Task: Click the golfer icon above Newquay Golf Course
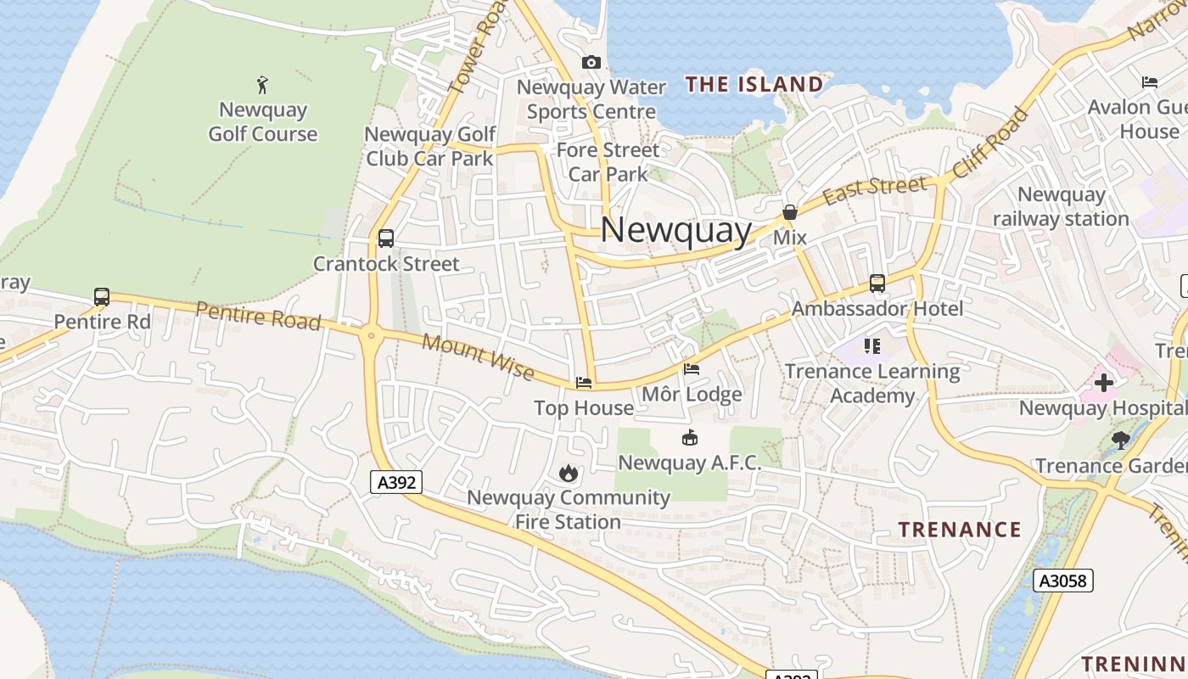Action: (262, 84)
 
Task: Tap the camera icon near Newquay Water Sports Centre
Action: (591, 62)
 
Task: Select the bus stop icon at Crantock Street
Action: (386, 238)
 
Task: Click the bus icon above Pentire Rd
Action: (102, 297)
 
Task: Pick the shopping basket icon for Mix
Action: (790, 212)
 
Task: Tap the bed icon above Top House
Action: (584, 383)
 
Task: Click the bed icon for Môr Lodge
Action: (692, 369)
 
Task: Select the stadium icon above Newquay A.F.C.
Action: (690, 438)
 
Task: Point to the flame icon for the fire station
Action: (568, 473)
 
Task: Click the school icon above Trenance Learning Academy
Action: (872, 346)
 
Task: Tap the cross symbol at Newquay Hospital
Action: (1103, 383)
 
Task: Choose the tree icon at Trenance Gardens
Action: (1120, 441)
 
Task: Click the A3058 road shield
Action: (1063, 581)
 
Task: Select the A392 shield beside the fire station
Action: (396, 482)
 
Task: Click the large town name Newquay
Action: (676, 230)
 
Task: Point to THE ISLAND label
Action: (754, 84)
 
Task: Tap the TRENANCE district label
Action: (960, 530)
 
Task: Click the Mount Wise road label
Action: (478, 357)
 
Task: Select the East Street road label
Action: (875, 189)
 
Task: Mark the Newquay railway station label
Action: (1061, 206)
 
